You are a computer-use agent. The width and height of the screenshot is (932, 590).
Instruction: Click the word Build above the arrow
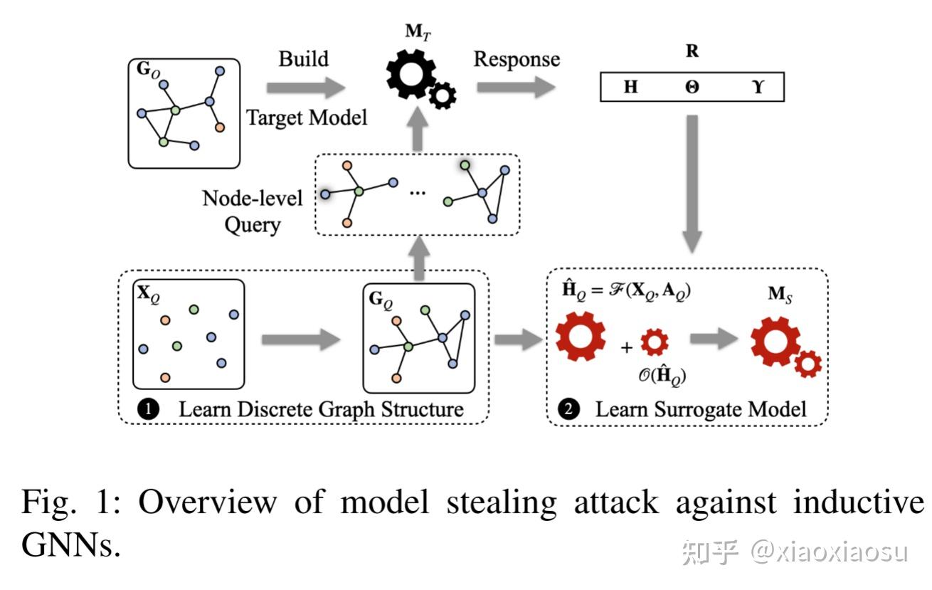[304, 58]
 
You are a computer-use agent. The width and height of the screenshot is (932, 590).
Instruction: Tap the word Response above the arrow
[517, 59]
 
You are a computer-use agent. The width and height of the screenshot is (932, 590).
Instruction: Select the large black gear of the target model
[410, 73]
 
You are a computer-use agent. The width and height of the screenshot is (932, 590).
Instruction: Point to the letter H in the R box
[630, 88]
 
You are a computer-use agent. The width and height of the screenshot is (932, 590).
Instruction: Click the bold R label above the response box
[692, 51]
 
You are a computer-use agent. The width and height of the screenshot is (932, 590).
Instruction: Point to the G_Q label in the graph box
[381, 299]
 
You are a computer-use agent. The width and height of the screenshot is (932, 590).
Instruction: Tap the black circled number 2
[569, 409]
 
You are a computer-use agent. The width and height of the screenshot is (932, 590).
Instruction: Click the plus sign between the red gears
[626, 348]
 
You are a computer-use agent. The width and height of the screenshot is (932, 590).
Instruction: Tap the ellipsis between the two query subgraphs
[418, 192]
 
